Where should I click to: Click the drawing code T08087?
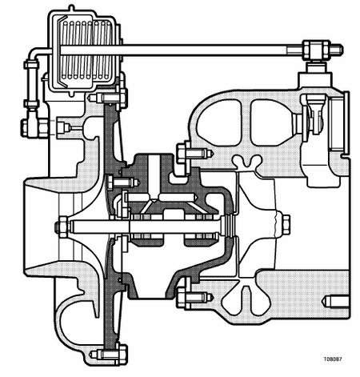pyautogui.click(x=333, y=359)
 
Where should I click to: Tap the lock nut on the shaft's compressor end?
pyautogui.click(x=63, y=227)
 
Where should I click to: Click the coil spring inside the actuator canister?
pyautogui.click(x=86, y=50)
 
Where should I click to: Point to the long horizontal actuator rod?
pyautogui.click(x=182, y=50)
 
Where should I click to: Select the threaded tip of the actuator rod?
pyautogui.click(x=337, y=50)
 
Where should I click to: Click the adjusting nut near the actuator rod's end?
pyautogui.click(x=316, y=50)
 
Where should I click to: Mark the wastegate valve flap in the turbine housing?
pyautogui.click(x=314, y=114)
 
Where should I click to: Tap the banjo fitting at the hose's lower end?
pyautogui.click(x=34, y=127)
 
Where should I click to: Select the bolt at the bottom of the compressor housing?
pyautogui.click(x=109, y=355)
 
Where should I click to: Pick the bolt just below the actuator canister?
pyautogui.click(x=108, y=98)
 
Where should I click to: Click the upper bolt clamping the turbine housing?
pyautogui.click(x=194, y=153)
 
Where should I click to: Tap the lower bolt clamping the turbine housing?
pyautogui.click(x=194, y=297)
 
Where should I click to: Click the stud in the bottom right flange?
pyautogui.click(x=335, y=302)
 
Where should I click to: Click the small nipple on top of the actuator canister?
pyautogui.click(x=71, y=8)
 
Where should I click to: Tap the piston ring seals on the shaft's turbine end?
pyautogui.click(x=230, y=226)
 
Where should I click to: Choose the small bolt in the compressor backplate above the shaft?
pyautogui.click(x=122, y=182)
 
